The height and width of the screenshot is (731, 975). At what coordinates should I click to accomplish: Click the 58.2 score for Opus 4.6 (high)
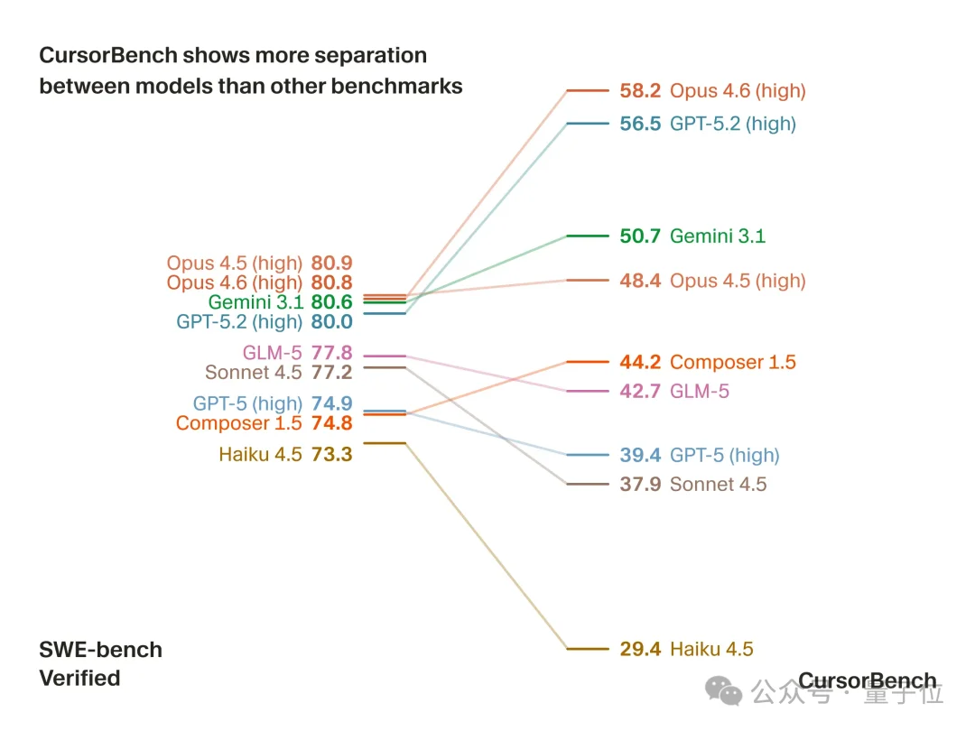(x=640, y=90)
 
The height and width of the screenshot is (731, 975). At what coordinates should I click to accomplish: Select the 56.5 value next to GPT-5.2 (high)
(x=640, y=124)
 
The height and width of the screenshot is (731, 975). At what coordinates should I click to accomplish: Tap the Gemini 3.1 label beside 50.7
(x=718, y=236)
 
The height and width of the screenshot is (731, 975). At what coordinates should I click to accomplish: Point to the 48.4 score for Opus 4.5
(x=640, y=281)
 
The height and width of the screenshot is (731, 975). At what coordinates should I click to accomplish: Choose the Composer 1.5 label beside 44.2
(x=733, y=363)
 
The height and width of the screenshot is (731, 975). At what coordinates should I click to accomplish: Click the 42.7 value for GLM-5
(x=640, y=392)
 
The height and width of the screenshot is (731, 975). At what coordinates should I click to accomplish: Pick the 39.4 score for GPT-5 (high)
(x=640, y=456)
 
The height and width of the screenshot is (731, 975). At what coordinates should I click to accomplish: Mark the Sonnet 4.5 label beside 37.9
(x=719, y=485)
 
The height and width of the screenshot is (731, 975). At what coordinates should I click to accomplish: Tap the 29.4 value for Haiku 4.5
(x=640, y=649)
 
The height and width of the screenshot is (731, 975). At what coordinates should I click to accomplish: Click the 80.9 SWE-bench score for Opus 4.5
(x=331, y=264)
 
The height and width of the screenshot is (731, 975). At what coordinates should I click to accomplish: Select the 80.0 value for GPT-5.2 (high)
(x=331, y=322)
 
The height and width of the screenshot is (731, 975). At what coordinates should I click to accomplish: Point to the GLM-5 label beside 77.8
(x=272, y=353)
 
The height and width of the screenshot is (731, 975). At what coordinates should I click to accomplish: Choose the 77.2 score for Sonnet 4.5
(x=331, y=373)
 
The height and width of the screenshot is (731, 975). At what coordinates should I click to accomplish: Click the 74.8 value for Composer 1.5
(x=331, y=424)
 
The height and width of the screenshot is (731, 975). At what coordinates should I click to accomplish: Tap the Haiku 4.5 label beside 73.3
(x=260, y=455)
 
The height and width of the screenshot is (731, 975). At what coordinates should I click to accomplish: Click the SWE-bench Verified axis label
(x=100, y=663)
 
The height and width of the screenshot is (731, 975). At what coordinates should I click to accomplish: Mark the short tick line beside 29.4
(x=588, y=649)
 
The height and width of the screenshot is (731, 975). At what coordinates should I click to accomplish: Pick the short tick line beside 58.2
(x=588, y=90)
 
